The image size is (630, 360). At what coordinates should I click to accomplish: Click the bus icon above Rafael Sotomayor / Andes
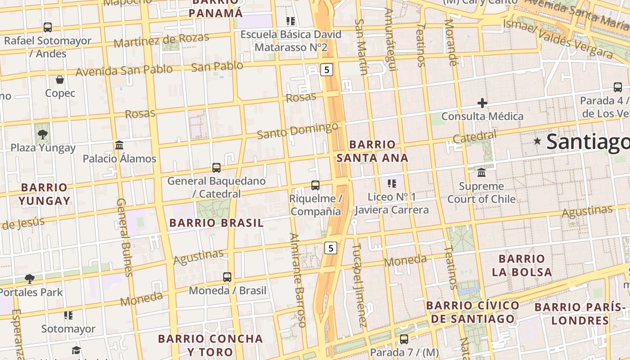tap(48, 27)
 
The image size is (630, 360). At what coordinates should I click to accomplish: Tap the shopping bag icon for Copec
tap(60, 80)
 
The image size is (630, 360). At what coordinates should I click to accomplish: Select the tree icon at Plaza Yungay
tap(43, 134)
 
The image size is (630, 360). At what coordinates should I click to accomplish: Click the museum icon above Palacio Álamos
tap(119, 145)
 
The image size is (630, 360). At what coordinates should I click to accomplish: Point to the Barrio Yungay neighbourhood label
tap(44, 194)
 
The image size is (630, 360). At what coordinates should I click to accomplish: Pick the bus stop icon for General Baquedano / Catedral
tap(216, 167)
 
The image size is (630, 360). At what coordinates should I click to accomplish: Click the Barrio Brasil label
tap(216, 223)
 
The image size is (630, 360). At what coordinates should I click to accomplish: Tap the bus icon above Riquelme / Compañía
tap(315, 185)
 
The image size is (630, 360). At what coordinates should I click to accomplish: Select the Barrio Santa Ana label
tap(373, 151)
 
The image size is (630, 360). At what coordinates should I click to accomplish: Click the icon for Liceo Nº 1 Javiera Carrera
tap(391, 183)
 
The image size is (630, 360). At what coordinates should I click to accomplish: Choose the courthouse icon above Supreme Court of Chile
tap(481, 172)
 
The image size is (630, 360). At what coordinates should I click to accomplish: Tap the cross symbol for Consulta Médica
tap(482, 103)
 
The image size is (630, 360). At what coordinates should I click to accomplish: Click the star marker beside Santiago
tap(537, 141)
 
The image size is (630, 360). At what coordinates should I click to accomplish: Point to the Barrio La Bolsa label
tap(522, 265)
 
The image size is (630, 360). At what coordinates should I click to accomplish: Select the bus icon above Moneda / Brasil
tap(227, 277)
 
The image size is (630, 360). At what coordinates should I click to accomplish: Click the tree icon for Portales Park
tap(30, 279)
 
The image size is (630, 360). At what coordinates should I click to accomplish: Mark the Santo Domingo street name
tap(297, 130)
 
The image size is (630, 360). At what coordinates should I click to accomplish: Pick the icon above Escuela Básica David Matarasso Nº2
tap(291, 21)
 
